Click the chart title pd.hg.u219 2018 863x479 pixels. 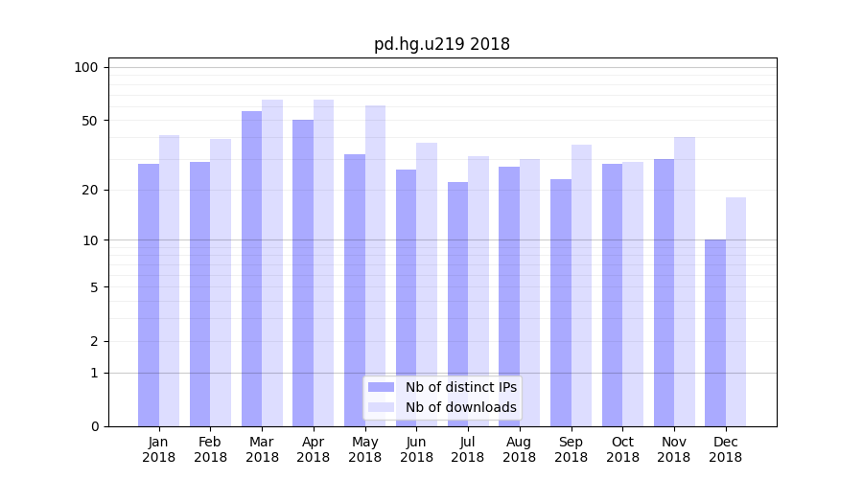tap(441, 44)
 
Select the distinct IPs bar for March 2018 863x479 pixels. tap(251, 268)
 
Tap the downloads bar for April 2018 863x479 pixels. tap(323, 262)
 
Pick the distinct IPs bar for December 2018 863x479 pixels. tap(715, 332)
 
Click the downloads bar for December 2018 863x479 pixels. tap(735, 311)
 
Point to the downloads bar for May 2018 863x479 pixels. tap(375, 265)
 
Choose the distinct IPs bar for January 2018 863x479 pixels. tap(149, 295)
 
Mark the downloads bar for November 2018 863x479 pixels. tap(684, 282)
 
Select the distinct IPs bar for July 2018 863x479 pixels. tap(457, 304)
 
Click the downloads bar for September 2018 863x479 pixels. tap(581, 285)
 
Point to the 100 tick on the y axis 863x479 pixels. tap(86, 67)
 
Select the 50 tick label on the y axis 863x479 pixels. tap(89, 121)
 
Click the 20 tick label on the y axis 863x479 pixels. tap(89, 190)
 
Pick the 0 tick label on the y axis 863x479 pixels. tap(94, 426)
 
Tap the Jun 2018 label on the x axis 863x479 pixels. tap(416, 449)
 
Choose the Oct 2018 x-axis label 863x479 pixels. tap(622, 449)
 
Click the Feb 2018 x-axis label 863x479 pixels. tap(210, 449)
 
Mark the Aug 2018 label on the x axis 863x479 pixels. tap(519, 449)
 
